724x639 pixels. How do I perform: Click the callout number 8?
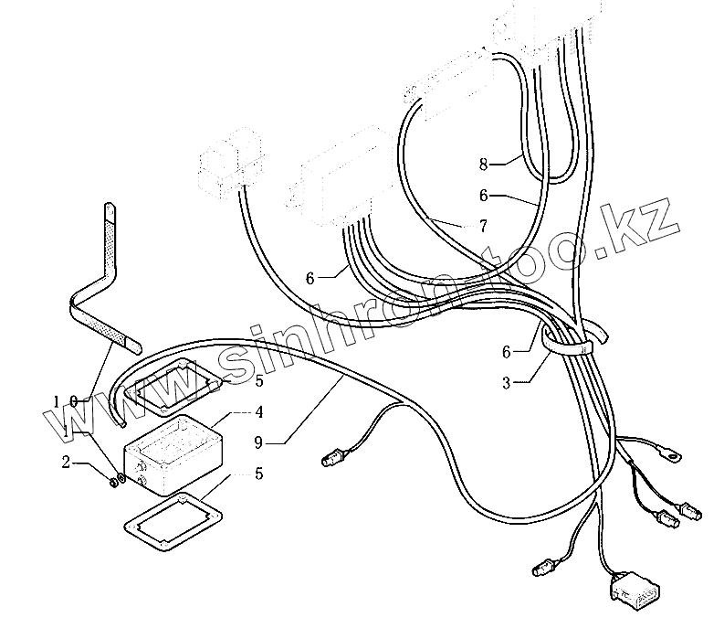click(x=484, y=165)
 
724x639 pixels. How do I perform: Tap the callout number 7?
click(x=482, y=226)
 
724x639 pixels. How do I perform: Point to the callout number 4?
click(x=258, y=411)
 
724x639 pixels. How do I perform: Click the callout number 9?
click(x=258, y=443)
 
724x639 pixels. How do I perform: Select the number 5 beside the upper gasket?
click(x=258, y=380)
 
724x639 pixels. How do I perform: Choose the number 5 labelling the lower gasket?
click(x=258, y=474)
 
